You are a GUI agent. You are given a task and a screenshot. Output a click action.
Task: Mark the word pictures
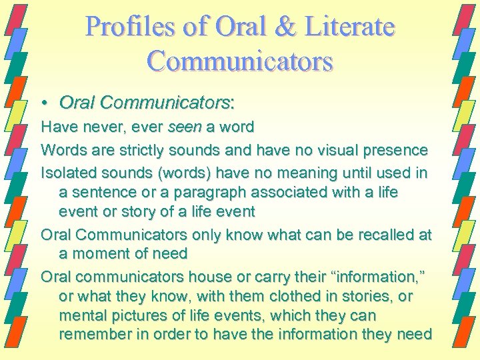[x=134, y=315]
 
